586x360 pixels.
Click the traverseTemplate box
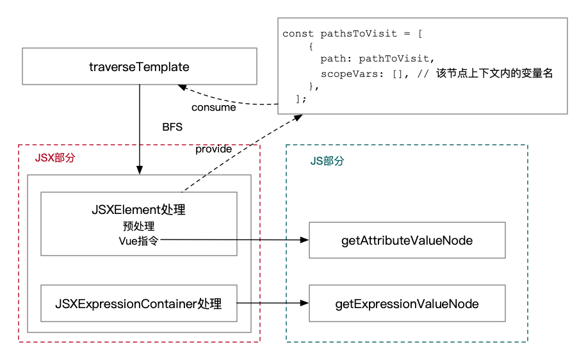[139, 67]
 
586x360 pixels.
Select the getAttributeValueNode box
[407, 240]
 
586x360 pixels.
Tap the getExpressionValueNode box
[407, 303]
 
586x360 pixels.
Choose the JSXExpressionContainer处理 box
[138, 303]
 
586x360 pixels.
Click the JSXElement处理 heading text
[138, 210]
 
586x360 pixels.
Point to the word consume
[213, 108]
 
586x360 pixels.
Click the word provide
[213, 149]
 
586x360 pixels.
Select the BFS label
[172, 127]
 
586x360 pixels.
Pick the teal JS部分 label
[327, 161]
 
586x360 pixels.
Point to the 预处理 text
[138, 226]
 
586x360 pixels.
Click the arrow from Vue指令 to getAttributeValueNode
[237, 240]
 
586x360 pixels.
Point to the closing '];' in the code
[301, 99]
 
